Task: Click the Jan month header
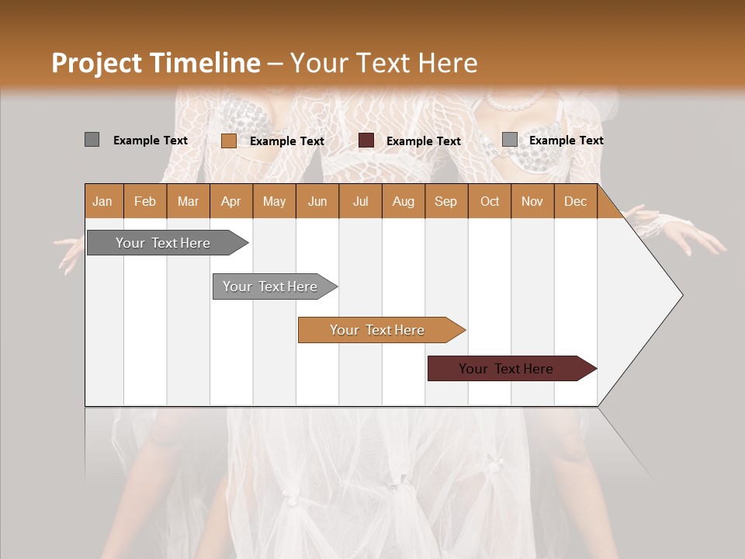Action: [x=102, y=201]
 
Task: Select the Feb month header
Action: [x=145, y=201]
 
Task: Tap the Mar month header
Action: [x=188, y=201]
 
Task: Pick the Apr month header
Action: [x=231, y=201]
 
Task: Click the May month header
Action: [x=274, y=201]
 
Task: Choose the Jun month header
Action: [x=317, y=201]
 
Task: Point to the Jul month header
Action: [x=360, y=201]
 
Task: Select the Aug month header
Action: [x=403, y=201]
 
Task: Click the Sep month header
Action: [x=445, y=201]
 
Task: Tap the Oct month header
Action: [x=490, y=201]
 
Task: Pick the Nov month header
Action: [x=532, y=201]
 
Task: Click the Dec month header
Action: [x=575, y=201]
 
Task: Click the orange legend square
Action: [x=228, y=141]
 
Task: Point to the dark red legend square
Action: [x=366, y=141]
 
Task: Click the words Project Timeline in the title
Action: [x=156, y=63]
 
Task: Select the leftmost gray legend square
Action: [x=92, y=140]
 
